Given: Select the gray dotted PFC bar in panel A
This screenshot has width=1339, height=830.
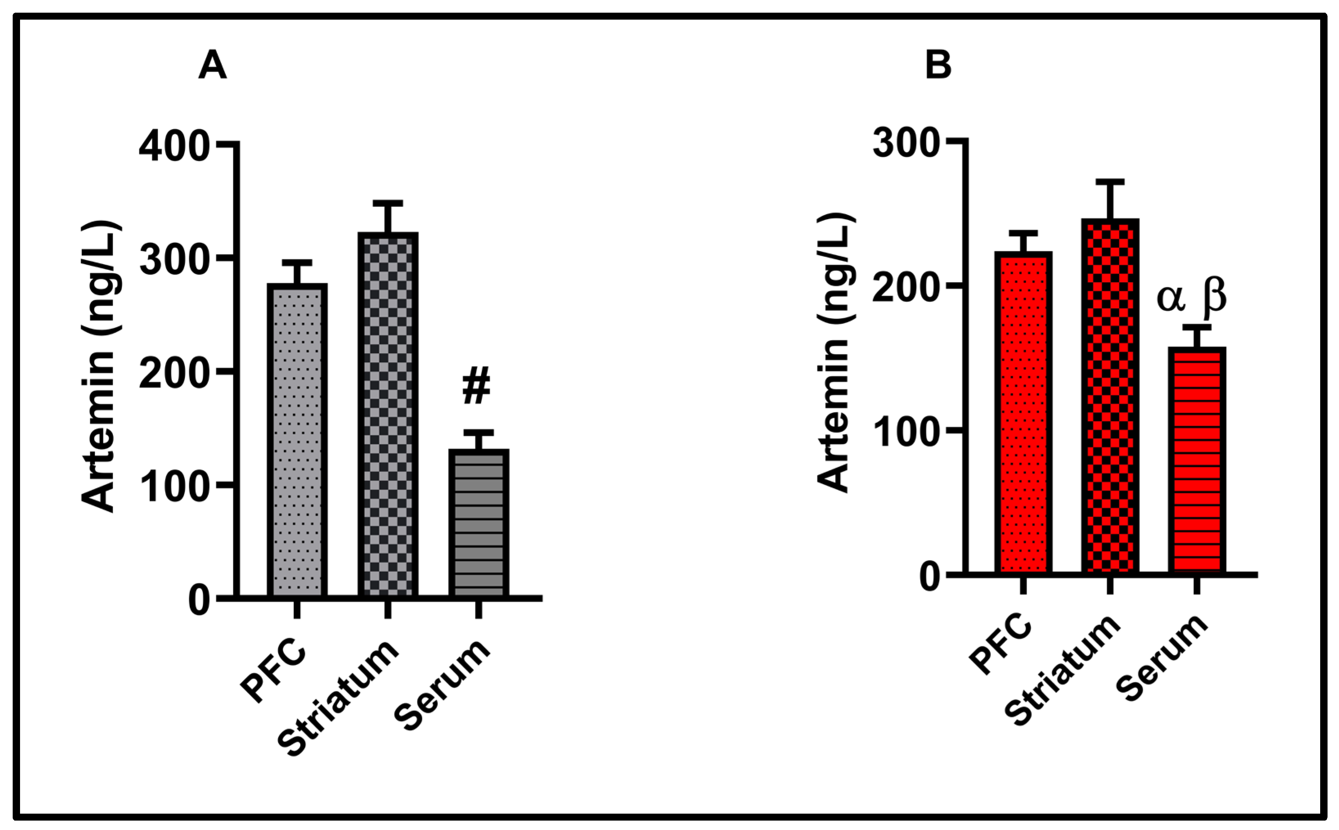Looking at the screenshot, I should [x=297, y=439].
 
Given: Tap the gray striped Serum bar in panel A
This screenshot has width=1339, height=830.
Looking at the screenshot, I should [x=478, y=521].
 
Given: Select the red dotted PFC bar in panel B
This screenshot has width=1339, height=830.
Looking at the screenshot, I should [x=1023, y=412].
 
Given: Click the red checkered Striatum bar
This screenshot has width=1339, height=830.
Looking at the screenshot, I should [x=1110, y=395].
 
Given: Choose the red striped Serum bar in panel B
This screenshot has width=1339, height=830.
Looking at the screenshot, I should [x=1197, y=461].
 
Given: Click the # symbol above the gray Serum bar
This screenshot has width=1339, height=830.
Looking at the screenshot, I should [x=476, y=387].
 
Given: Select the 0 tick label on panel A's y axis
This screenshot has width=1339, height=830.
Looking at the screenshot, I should [x=199, y=601].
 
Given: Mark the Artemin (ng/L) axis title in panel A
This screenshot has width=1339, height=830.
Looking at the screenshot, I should [x=99, y=367].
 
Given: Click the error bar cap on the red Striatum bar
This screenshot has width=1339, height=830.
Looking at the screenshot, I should [x=1110, y=182].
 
